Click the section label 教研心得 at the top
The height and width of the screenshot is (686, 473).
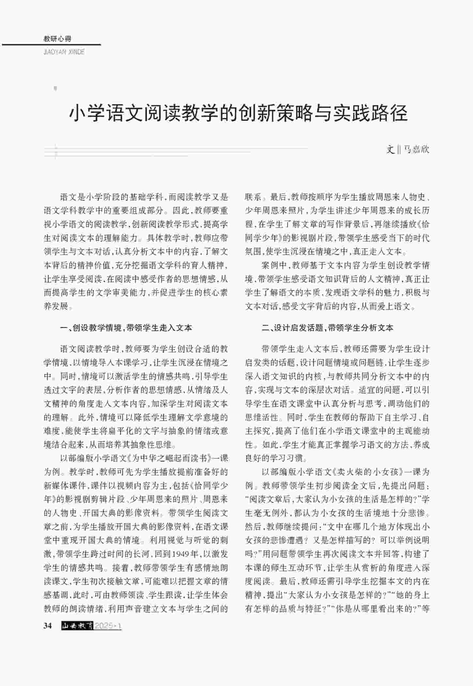(57, 39)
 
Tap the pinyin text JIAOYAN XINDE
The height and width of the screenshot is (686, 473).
(64, 52)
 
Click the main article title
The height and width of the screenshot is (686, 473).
(238, 113)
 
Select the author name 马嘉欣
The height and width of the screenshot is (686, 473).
(417, 150)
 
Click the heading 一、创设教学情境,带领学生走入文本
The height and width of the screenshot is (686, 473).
(126, 328)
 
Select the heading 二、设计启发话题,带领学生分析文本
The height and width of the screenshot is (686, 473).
(328, 328)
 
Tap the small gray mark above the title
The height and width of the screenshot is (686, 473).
(55, 88)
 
